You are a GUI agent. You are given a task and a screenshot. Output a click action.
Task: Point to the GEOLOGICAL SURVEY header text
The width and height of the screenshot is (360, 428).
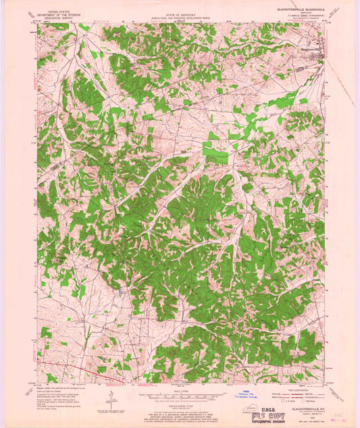click(x=55, y=16)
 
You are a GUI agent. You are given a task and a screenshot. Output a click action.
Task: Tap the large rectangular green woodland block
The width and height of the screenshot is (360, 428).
click(x=216, y=153)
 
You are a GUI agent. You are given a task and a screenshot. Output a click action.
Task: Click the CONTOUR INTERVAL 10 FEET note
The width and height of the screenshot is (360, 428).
click(x=180, y=402)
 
